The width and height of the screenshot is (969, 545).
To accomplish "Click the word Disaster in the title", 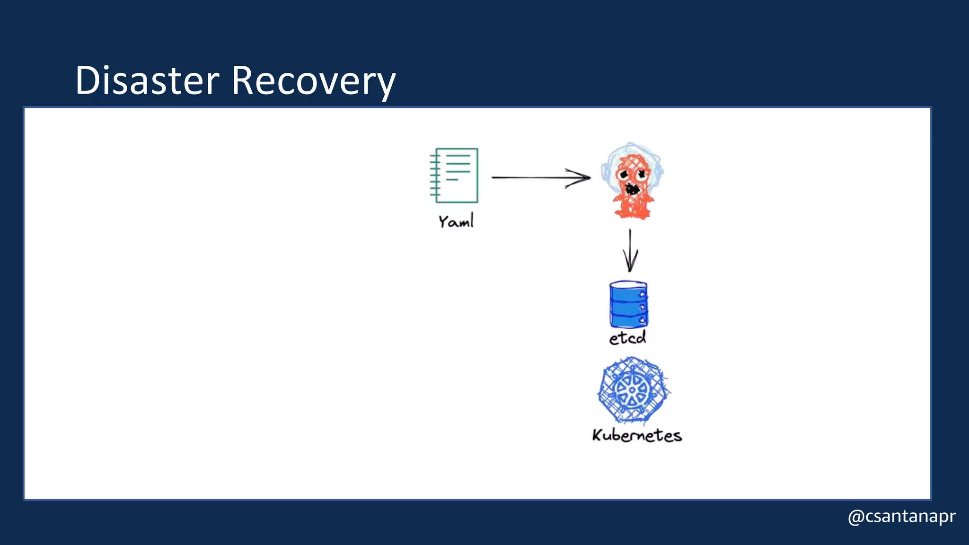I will [x=147, y=80].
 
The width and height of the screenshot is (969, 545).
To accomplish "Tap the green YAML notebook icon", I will [x=455, y=176].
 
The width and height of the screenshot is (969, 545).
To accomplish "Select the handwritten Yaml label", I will [x=456, y=221].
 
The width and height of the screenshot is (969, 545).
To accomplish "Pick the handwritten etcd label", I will [x=627, y=338].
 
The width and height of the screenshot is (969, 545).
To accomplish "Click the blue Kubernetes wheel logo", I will [x=632, y=390].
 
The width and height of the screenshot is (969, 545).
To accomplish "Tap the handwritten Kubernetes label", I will [x=636, y=435].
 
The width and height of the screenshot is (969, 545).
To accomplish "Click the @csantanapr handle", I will [x=901, y=516].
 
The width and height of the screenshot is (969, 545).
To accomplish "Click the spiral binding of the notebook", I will [x=435, y=175].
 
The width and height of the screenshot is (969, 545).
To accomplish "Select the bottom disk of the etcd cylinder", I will [x=628, y=321].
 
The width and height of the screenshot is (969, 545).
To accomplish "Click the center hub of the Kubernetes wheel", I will [x=632, y=390].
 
